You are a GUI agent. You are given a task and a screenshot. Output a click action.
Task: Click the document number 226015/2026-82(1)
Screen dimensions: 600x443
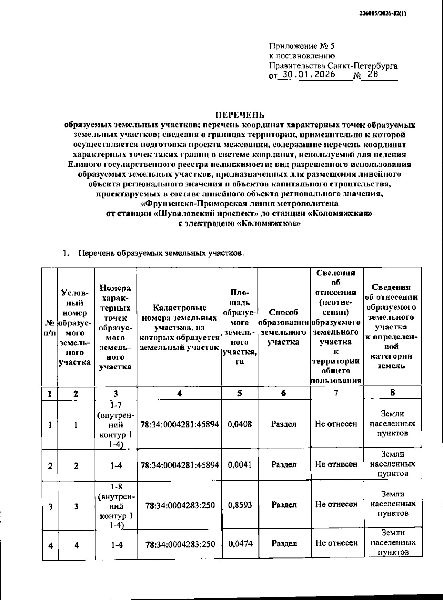[382, 14]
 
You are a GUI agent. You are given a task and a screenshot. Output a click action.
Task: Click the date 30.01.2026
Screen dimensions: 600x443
[306, 74]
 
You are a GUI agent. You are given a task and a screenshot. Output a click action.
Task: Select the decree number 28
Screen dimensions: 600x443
[373, 74]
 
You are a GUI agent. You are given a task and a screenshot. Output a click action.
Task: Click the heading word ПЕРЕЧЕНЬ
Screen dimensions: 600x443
[240, 115]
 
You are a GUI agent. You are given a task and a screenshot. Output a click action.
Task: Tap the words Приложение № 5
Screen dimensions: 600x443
[302, 46]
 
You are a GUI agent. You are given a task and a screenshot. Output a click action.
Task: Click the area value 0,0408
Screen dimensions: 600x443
[240, 424]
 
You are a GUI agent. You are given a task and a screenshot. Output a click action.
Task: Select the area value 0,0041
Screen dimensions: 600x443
[240, 464]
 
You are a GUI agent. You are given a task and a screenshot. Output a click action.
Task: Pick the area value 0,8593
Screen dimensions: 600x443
[240, 505]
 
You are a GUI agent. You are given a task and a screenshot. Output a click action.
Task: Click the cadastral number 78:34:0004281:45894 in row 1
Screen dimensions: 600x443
[179, 424]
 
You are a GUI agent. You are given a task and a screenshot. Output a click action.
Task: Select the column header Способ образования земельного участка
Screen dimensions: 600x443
[284, 327]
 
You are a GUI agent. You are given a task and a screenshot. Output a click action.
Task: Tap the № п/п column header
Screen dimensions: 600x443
[49, 327]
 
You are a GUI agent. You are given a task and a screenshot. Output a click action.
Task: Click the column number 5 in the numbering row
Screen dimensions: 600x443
[240, 393]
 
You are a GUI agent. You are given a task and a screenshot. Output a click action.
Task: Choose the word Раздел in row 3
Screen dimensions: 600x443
[284, 505]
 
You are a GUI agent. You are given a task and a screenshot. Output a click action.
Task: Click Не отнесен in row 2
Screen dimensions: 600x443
[336, 464]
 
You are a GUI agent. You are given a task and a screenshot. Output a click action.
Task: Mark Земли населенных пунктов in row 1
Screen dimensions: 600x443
[392, 424]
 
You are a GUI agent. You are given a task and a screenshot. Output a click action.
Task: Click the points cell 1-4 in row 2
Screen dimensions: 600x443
[116, 465]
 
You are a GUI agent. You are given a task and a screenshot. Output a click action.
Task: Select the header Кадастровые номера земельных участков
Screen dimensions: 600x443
[179, 327]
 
